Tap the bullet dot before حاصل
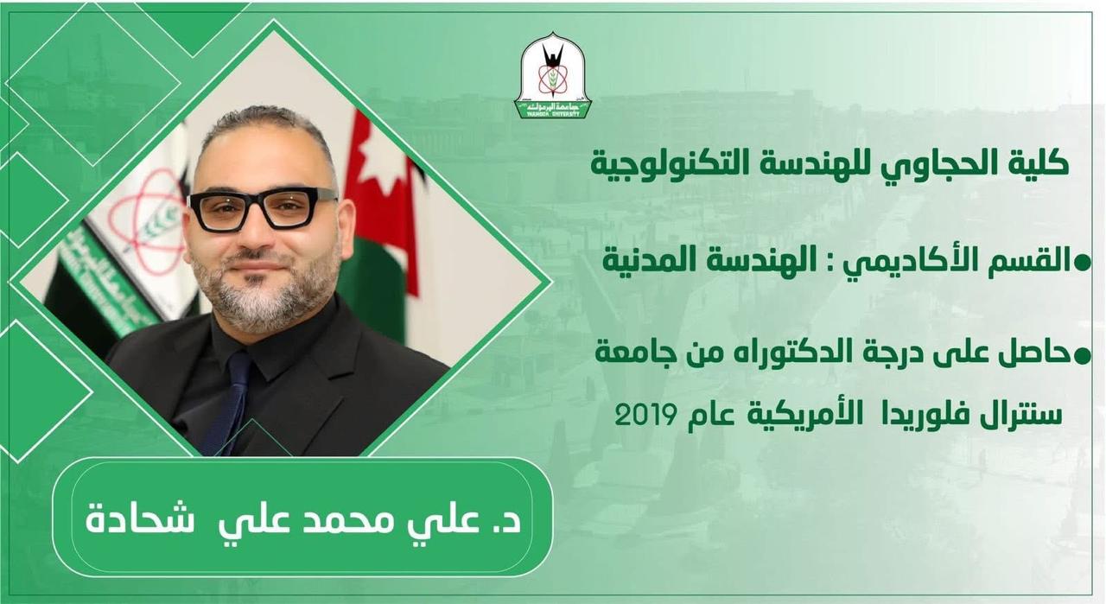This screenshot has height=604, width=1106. click(1082, 357)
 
